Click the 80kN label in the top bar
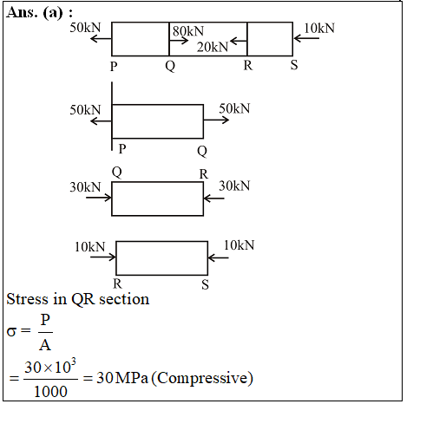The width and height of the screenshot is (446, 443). pos(188,31)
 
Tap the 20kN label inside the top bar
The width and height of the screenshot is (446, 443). pos(213,47)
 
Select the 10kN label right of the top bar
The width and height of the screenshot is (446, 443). pos(319,28)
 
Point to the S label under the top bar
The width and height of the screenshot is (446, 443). pos(294,65)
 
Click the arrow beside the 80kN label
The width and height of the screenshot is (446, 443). pos(179,41)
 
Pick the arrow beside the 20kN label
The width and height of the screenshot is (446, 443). pos(239,41)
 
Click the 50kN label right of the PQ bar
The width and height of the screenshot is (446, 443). pos(234,108)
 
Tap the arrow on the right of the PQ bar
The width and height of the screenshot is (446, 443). pos(216,120)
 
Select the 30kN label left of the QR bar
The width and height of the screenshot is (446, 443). pos(85,187)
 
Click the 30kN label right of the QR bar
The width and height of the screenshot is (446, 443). pos(234,186)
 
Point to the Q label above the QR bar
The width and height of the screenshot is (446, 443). pos(117,173)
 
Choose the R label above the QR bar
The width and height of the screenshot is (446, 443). pos(204,174)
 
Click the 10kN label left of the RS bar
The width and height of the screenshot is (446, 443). pos(90,247)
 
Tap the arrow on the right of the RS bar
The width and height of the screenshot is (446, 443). pos(219,257)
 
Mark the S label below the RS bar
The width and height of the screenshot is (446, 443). pos(205,284)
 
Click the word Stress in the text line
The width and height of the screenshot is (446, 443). pos(27,299)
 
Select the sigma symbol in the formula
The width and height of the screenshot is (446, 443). pos(11,331)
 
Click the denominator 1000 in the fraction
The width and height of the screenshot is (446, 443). pos(50,392)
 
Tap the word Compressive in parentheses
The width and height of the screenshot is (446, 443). pos(202,378)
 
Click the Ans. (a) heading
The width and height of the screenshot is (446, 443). pos(39,13)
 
